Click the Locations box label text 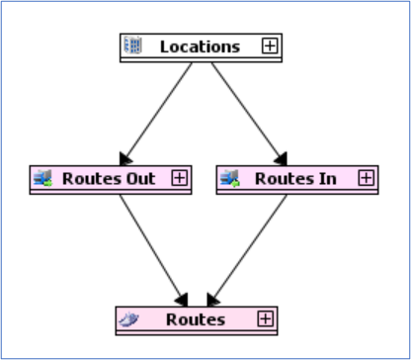[x=200, y=46]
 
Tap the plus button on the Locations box [x=270, y=45]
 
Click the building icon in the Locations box [x=133, y=45]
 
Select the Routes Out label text [x=109, y=179]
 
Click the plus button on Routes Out [x=180, y=178]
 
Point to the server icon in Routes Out [x=43, y=178]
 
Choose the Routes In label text [x=295, y=179]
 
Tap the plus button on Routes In [x=367, y=178]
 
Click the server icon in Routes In [x=230, y=178]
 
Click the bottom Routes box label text [x=196, y=319]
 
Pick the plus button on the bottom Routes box [x=266, y=318]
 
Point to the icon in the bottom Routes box [x=128, y=319]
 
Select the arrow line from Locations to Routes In [x=249, y=114]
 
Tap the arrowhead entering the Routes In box [x=282, y=159]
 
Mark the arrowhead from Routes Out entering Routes [x=183, y=301]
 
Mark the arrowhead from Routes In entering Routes [x=212, y=301]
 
